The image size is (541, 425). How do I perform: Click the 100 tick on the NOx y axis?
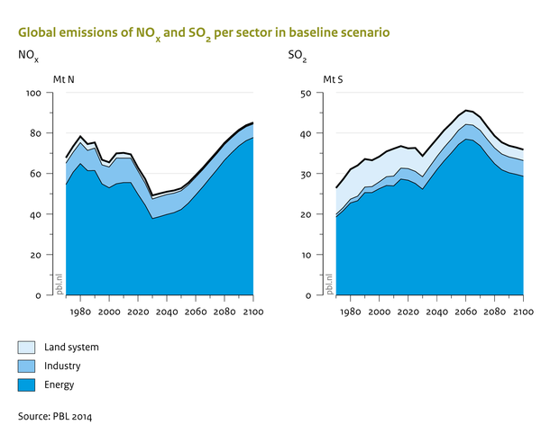pyautogui.click(x=34, y=94)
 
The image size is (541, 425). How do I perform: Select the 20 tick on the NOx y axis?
pyautogui.click(x=37, y=255)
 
